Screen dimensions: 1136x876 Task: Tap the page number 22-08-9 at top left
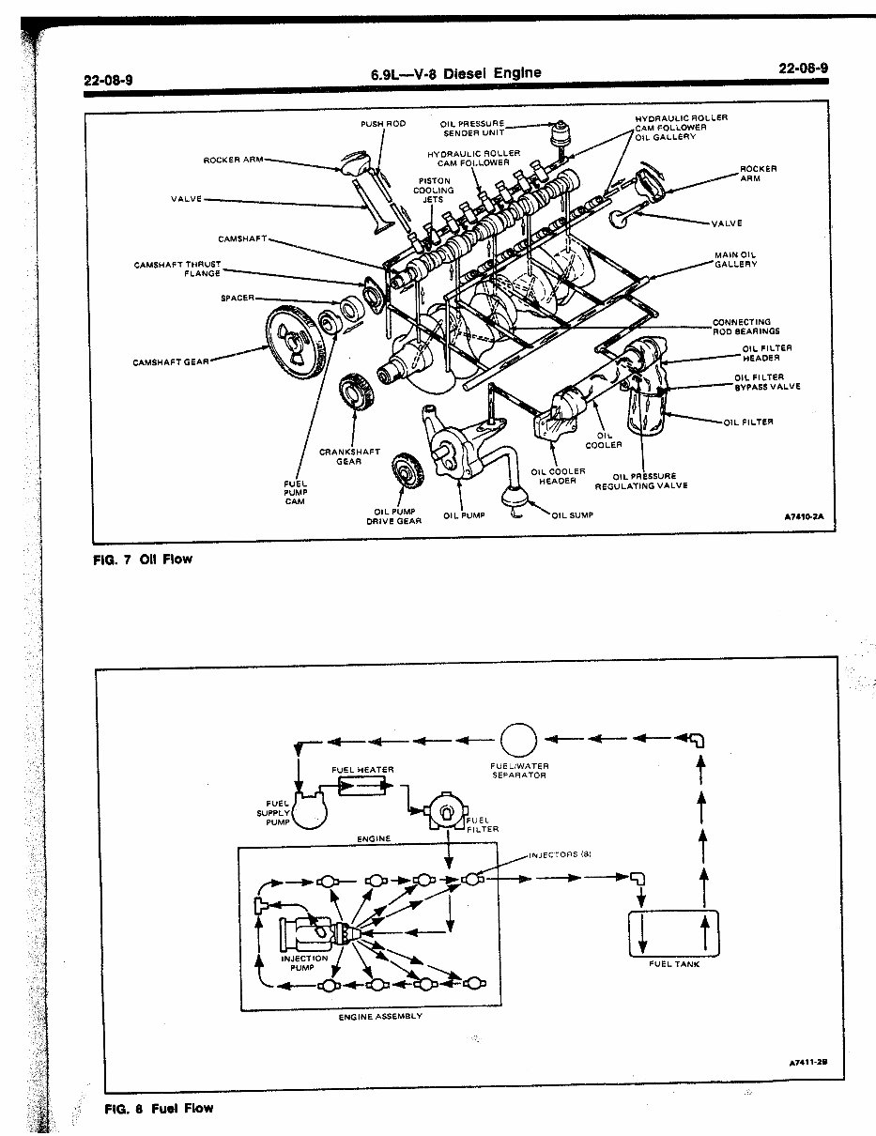point(107,79)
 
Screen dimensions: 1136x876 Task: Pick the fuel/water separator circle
point(518,741)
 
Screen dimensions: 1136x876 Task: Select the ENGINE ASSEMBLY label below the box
point(380,1017)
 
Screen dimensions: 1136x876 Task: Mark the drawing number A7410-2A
point(803,517)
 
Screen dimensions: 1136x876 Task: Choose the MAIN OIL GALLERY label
point(735,260)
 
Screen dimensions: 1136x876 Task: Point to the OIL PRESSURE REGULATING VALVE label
point(642,481)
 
